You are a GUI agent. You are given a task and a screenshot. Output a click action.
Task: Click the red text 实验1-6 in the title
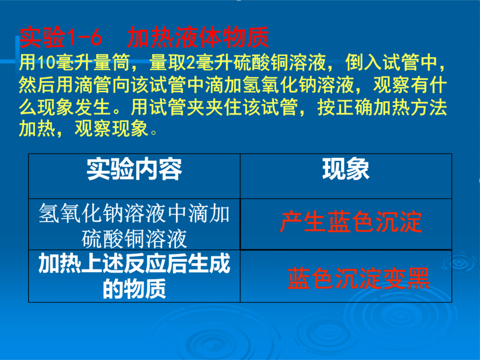pos(61,38)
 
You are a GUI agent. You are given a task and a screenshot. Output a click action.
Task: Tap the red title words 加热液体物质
pos(198,38)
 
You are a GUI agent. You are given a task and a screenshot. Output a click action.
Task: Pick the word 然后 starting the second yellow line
pos(37,85)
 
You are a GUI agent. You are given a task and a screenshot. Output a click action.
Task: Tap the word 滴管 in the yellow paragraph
pos(93,85)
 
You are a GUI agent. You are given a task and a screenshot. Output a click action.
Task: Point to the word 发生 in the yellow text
pos(93,107)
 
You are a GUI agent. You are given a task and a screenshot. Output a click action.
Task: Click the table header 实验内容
pos(134,169)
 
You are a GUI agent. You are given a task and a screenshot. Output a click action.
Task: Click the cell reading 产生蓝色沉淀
pos(351,222)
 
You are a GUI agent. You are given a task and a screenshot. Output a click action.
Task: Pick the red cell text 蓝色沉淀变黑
pos(358,278)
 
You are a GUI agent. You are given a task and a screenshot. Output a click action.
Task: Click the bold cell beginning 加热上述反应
pos(134,276)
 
